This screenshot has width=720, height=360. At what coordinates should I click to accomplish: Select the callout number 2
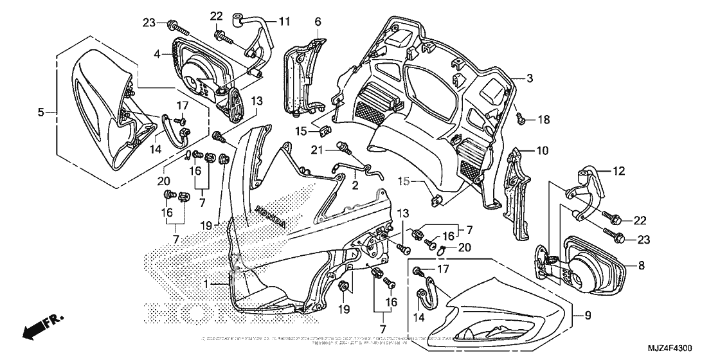click(x=354, y=184)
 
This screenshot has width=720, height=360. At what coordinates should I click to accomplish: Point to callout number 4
click(x=156, y=55)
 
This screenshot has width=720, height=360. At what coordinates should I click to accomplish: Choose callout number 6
click(x=318, y=22)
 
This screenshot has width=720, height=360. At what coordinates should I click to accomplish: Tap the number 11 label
click(x=283, y=21)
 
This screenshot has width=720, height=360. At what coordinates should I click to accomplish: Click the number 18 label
click(x=544, y=120)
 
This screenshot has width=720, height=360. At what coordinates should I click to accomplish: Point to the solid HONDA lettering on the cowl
click(x=271, y=216)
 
